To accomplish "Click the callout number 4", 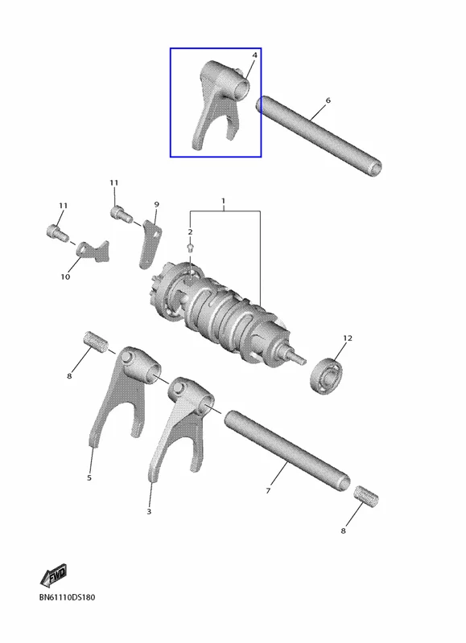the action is click(x=254, y=55).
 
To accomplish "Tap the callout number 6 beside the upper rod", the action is click(x=328, y=100).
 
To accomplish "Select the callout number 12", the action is click(x=348, y=338).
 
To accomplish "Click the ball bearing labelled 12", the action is click(x=326, y=375).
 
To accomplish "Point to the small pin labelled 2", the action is click(x=190, y=247).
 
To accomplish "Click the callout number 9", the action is click(x=156, y=204).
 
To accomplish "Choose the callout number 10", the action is click(x=65, y=276).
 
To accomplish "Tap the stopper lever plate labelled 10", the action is click(x=93, y=251).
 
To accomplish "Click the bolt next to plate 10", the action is click(x=57, y=232).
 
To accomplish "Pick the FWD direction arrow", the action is click(x=53, y=575).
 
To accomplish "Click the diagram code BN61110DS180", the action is click(x=67, y=597).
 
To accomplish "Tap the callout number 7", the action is click(x=268, y=490).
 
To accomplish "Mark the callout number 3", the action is click(x=149, y=511).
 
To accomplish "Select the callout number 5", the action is click(x=89, y=477).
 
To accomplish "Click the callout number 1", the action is click(x=224, y=201).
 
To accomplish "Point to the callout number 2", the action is click(x=190, y=232).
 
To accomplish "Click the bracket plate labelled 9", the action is click(x=149, y=244).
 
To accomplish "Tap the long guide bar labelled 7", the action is click(x=287, y=450).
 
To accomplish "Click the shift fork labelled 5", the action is click(x=123, y=394).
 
